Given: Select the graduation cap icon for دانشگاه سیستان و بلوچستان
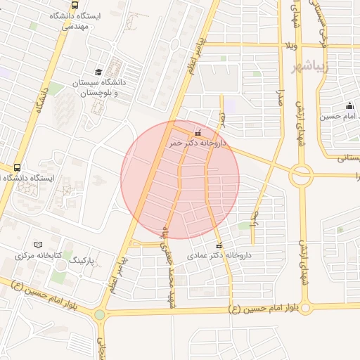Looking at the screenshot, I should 98,72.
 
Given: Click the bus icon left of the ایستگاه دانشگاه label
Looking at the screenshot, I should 16,167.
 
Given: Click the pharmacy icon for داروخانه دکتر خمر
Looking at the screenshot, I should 198,131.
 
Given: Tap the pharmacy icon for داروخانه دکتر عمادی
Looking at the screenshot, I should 219,245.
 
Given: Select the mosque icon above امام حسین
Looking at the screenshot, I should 349,105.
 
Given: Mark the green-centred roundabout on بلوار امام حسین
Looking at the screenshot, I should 100,315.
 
